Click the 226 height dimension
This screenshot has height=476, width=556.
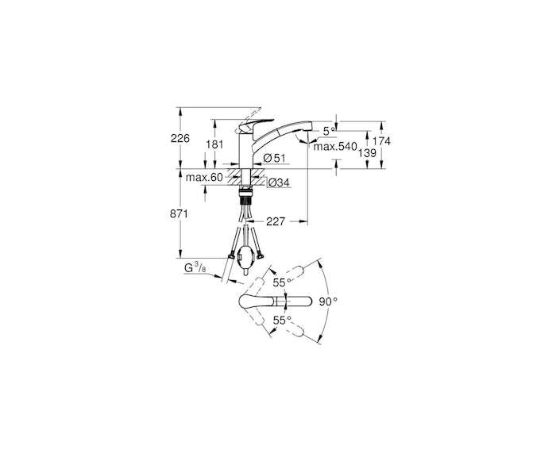pos(180,138)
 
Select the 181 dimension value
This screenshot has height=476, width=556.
pos(215,144)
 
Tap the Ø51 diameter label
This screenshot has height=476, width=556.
pos(275,158)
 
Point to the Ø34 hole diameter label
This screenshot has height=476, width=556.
pos(279,182)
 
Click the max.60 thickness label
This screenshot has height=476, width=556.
pos(204,178)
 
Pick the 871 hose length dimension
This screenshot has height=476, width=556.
pos(179,214)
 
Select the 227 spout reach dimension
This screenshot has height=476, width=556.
pos(276,221)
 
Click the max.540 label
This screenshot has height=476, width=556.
pos(334,146)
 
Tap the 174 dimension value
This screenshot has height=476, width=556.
pos(381,141)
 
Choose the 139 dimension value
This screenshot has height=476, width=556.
pos(367,153)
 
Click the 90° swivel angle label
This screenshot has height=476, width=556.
pos(328,301)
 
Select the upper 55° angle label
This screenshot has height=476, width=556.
pos(282,282)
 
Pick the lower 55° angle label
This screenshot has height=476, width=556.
pos(282,321)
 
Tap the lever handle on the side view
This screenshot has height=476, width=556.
pos(255,124)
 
